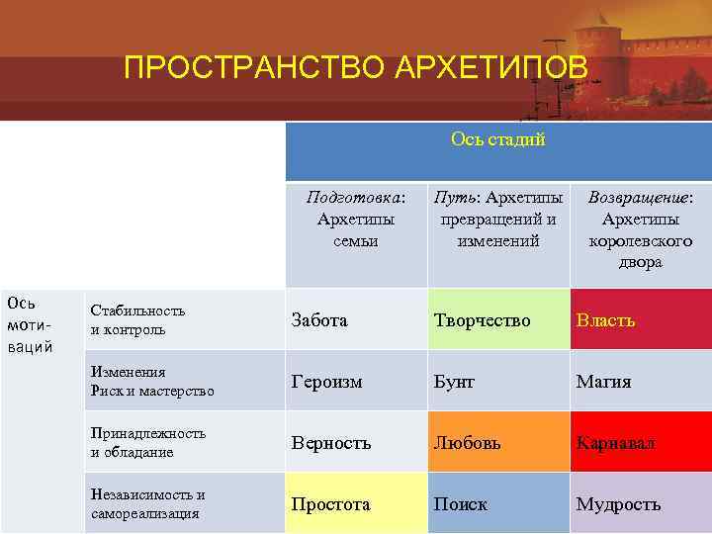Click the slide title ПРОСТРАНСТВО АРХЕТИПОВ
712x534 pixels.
[x=355, y=68]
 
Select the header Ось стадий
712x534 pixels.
[x=497, y=139]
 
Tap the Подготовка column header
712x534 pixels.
[x=356, y=219]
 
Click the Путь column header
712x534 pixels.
[x=498, y=219]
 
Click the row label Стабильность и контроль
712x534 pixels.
[x=137, y=319]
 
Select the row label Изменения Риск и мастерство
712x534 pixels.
[x=151, y=381]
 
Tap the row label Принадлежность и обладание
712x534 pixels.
[x=147, y=442]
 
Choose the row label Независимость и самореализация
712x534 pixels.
[x=147, y=503]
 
